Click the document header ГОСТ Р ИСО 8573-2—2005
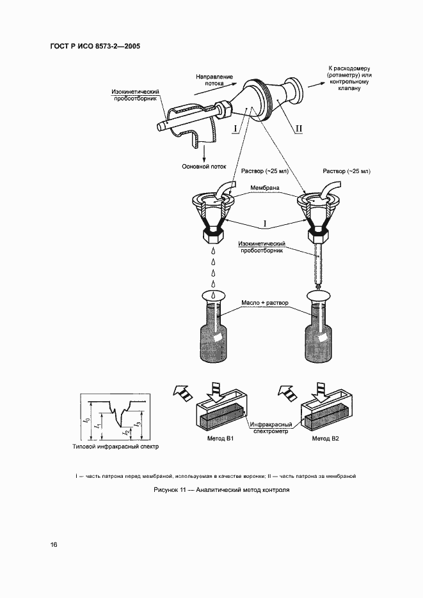tap(95, 47)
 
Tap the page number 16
tap(53, 544)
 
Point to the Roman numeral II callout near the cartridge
tap(298, 128)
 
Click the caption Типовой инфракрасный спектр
tap(116, 447)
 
